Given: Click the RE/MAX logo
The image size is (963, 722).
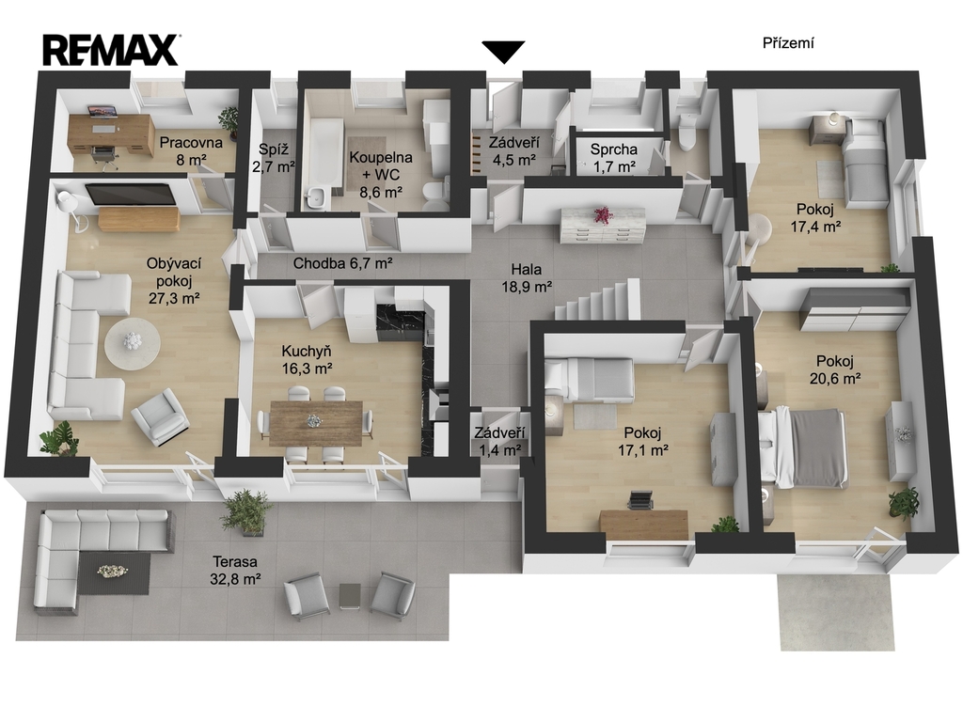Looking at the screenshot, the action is (x=111, y=50).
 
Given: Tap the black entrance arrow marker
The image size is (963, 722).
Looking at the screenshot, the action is (x=503, y=52).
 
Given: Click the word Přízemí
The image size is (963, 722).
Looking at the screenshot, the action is (x=789, y=43).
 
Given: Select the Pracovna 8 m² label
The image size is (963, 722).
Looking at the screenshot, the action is (x=190, y=151).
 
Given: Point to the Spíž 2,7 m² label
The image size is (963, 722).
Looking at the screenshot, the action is (x=274, y=157).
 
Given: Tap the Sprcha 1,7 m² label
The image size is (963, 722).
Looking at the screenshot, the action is (x=613, y=157).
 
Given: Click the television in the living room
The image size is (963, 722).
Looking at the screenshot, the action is (x=129, y=194).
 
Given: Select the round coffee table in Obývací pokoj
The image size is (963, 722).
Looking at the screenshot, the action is (x=132, y=342).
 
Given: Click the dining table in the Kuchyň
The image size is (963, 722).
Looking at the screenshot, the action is (x=316, y=422).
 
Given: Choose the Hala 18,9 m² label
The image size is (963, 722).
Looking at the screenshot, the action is (x=531, y=277).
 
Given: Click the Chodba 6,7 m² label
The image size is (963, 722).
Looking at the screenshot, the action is (x=342, y=263).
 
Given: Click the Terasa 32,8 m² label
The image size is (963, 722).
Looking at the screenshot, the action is (x=235, y=570).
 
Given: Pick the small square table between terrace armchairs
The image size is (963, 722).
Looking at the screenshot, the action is (x=350, y=595).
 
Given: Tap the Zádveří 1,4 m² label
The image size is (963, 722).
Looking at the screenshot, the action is (x=500, y=441).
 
